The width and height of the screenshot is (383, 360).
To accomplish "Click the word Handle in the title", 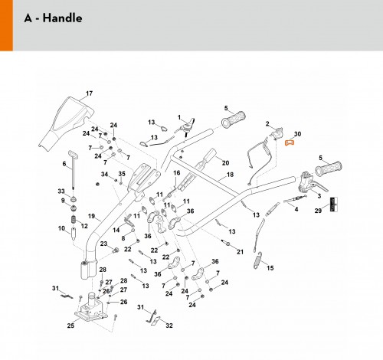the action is (x=62, y=18).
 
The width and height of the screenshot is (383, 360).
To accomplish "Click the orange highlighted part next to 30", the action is (x=290, y=142).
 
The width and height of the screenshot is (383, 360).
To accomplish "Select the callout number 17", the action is (x=89, y=93).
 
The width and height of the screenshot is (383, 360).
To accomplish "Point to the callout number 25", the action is (x=70, y=326).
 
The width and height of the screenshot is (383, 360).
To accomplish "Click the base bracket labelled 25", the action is (x=90, y=309).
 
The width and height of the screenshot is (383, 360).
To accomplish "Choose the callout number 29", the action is (x=318, y=211).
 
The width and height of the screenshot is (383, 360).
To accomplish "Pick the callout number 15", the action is (x=270, y=268).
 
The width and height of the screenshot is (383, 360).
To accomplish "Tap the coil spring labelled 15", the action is (x=258, y=260).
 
